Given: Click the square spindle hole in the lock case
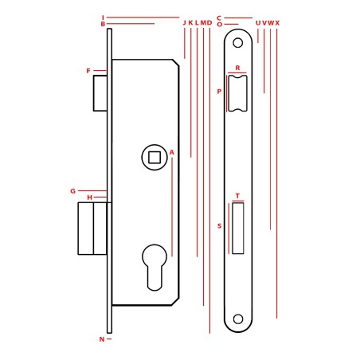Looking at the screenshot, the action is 155,158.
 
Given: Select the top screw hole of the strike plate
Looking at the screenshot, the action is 238,43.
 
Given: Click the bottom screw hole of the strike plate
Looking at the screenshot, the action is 238,319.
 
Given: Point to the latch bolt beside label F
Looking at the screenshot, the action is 100,93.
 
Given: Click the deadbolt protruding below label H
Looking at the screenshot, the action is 92,229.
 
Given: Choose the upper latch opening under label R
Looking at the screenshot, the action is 237,93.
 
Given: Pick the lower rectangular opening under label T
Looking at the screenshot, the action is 238,229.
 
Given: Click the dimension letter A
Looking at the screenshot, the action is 172,152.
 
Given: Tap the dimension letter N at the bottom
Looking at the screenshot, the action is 102,339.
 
